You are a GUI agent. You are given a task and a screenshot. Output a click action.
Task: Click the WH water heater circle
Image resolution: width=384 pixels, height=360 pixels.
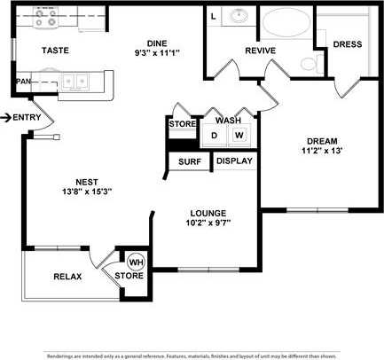tap(137, 262)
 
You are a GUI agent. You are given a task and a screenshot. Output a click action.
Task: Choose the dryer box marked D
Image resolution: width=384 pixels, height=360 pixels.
tap(214, 136)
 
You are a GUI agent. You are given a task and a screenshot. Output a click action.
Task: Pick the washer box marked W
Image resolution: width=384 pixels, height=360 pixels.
tap(239, 136)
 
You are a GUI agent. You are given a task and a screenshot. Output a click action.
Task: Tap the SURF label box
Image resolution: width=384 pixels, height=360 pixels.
tap(189, 161)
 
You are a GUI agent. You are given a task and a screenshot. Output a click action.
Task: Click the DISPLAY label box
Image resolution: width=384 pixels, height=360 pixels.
tap(235, 161)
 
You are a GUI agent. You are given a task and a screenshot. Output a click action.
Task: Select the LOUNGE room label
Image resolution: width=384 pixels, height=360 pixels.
tap(208, 213)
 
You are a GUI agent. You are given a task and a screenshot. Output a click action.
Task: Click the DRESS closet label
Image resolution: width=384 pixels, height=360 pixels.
tap(347, 44)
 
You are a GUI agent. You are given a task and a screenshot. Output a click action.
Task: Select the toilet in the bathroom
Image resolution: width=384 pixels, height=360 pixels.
tap(306, 63)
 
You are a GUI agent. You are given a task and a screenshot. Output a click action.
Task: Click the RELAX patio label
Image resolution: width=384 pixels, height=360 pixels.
tap(67, 277)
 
